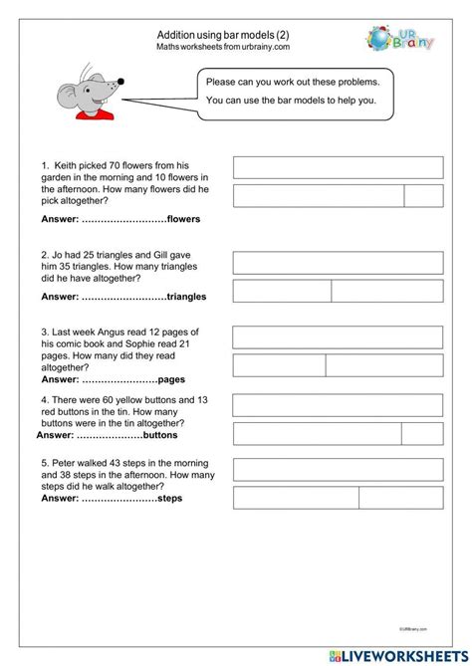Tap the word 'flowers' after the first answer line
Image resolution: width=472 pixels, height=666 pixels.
click(x=184, y=219)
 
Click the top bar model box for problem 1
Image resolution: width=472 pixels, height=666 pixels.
click(x=338, y=166)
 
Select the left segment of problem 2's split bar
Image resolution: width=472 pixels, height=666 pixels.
click(x=282, y=291)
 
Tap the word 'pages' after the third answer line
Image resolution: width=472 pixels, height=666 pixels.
click(x=172, y=379)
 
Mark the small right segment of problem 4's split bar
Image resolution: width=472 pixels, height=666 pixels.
click(x=421, y=433)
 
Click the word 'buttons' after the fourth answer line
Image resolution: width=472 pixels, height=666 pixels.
click(x=160, y=435)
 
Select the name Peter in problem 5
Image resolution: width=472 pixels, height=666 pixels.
click(x=71, y=463)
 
